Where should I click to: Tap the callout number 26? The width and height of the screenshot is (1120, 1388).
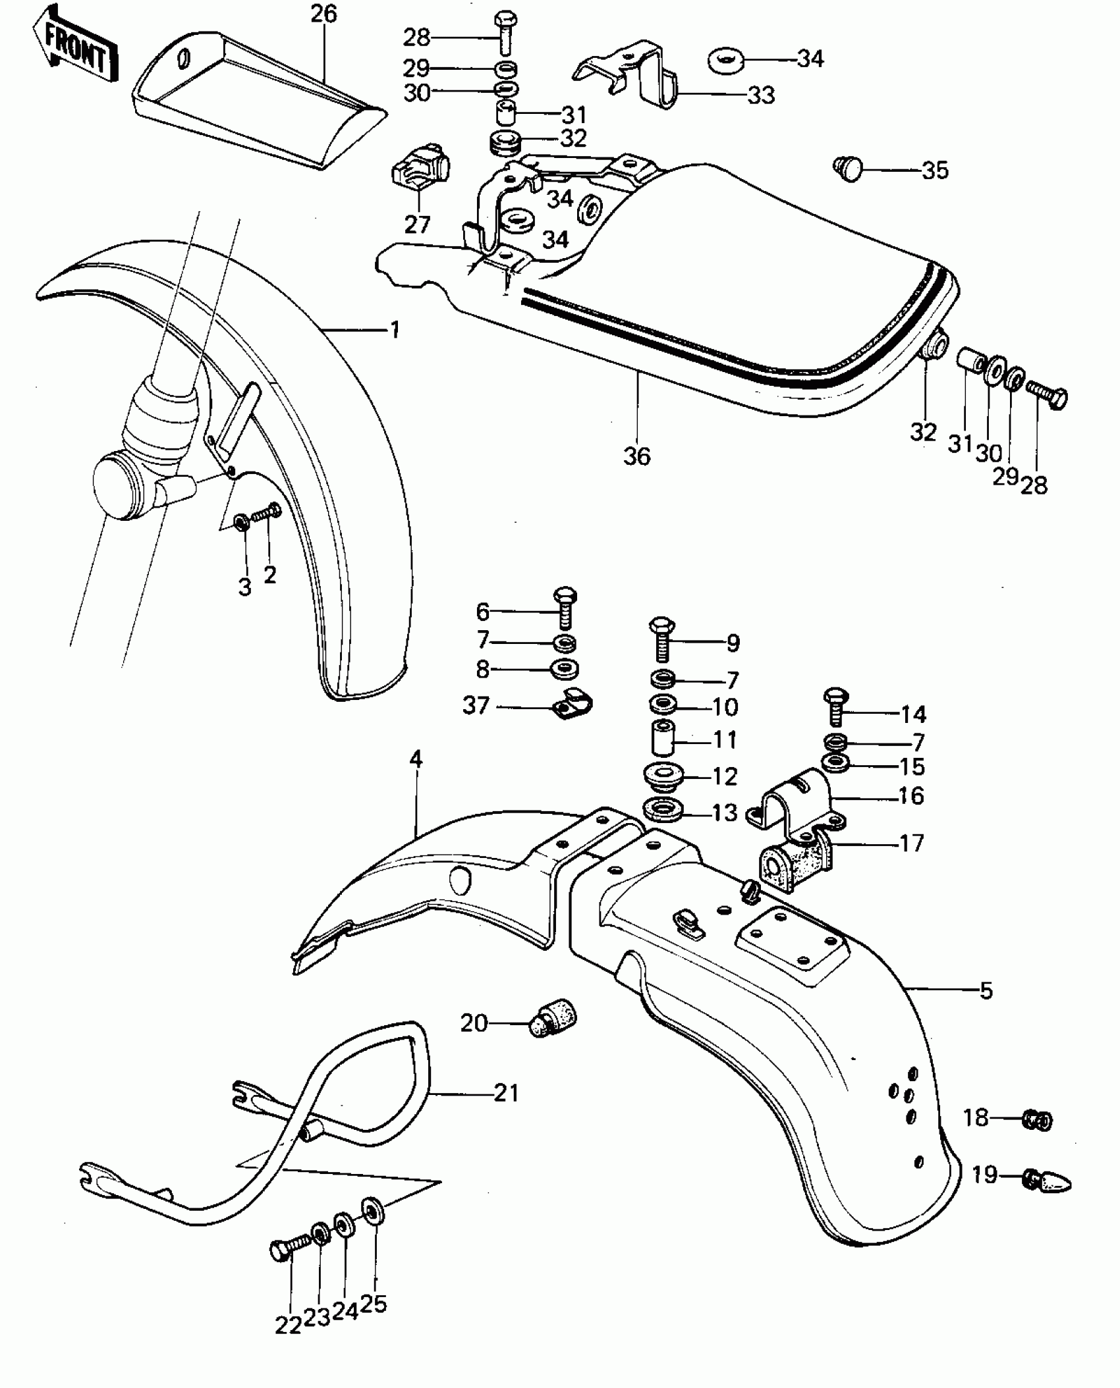[x=323, y=14]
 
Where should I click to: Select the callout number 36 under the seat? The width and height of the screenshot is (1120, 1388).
[x=636, y=456]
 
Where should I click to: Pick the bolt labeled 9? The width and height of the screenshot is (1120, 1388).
[x=662, y=639]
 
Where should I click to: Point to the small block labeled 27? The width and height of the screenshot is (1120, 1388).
[x=420, y=169]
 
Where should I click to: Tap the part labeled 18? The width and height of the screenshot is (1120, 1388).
[x=1038, y=1120]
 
